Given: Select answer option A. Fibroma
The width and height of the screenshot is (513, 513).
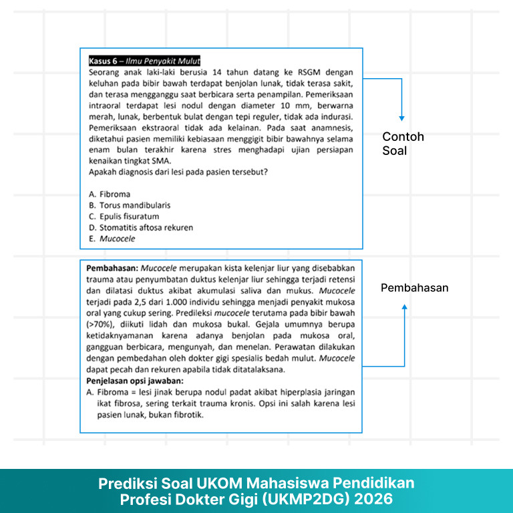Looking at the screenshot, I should tap(110, 194).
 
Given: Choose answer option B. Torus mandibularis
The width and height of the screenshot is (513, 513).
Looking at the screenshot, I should tap(130, 205).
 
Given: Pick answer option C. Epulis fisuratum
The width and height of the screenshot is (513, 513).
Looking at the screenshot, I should tap(124, 216).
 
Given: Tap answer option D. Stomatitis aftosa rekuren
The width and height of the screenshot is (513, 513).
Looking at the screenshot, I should tap(141, 227).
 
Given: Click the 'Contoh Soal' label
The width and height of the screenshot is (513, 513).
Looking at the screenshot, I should tap(403, 144).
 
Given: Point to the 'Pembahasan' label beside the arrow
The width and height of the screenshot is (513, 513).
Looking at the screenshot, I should tap(414, 288).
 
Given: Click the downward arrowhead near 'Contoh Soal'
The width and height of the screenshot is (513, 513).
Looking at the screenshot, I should tap(402, 118).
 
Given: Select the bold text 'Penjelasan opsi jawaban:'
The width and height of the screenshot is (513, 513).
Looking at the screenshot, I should tap(134, 381).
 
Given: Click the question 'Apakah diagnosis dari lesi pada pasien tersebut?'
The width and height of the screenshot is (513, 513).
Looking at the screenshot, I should tap(178, 172).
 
